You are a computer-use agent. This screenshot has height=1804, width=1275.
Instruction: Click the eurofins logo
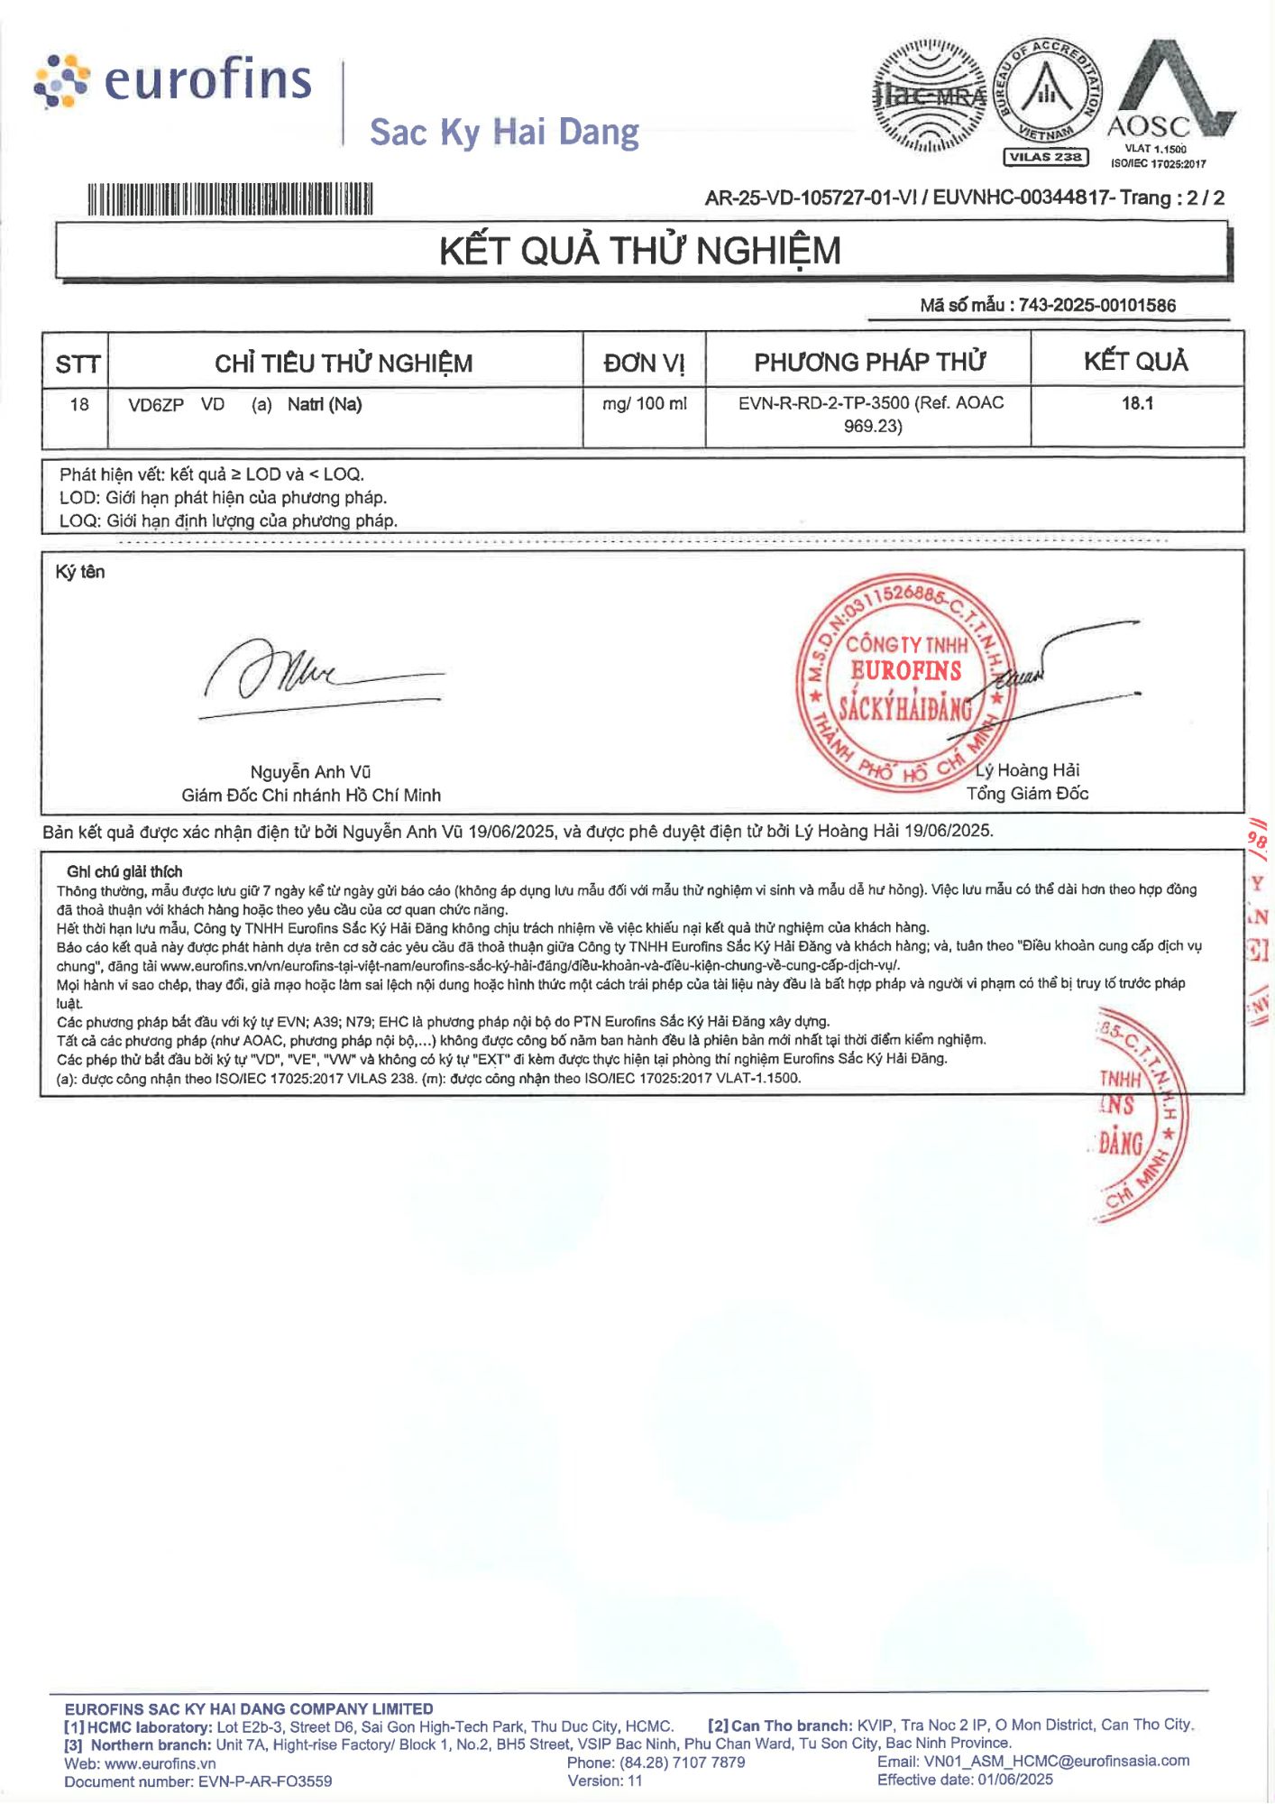pos(174,80)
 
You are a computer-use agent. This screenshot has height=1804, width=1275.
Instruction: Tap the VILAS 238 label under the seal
pos(1046,157)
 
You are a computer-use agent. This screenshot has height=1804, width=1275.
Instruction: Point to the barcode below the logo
pos(230,199)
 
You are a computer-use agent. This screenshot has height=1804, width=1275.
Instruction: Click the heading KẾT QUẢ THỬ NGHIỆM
pos(639,251)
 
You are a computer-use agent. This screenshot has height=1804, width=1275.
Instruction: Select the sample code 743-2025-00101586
pos(1096,305)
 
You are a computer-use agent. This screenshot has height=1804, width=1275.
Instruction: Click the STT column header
pos(77,364)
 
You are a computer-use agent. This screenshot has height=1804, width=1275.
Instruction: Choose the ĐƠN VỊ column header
pos(644,363)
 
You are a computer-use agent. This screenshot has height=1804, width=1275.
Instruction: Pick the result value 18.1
pos(1137,403)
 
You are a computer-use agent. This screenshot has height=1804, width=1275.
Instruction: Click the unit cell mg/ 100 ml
pos(644,404)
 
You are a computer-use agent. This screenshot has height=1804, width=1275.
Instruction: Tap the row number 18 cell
pos(79,404)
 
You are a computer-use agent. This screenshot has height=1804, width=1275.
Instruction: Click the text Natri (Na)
pos(325,404)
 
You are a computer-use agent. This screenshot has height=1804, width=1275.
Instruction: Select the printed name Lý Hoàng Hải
pos(1028,769)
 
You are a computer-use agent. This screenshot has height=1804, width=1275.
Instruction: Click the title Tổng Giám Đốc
pos(1027,793)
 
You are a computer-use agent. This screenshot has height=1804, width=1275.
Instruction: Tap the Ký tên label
pos(80,572)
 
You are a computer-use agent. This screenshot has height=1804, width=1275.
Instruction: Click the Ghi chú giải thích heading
pos(124,871)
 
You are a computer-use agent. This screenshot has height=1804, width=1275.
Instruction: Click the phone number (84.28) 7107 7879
pos(682,1763)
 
